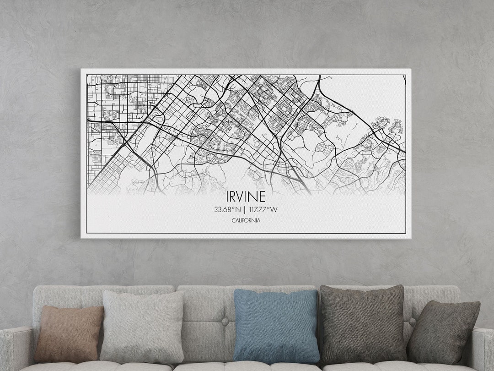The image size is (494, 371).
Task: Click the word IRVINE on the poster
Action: point(246,196)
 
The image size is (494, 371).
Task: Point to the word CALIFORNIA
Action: point(246,220)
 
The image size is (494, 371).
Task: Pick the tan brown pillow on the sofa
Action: point(69,333)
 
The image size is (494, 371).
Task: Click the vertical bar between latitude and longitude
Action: point(245,210)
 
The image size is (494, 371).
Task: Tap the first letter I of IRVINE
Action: point(227,196)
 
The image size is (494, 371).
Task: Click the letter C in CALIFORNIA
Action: point(233,220)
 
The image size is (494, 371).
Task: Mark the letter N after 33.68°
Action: point(238,210)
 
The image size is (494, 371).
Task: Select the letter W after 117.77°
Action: point(274,210)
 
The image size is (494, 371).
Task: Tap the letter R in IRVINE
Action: point(234,196)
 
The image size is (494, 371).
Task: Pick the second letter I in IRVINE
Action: point(249,196)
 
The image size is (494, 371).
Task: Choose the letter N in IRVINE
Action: point(254,196)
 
